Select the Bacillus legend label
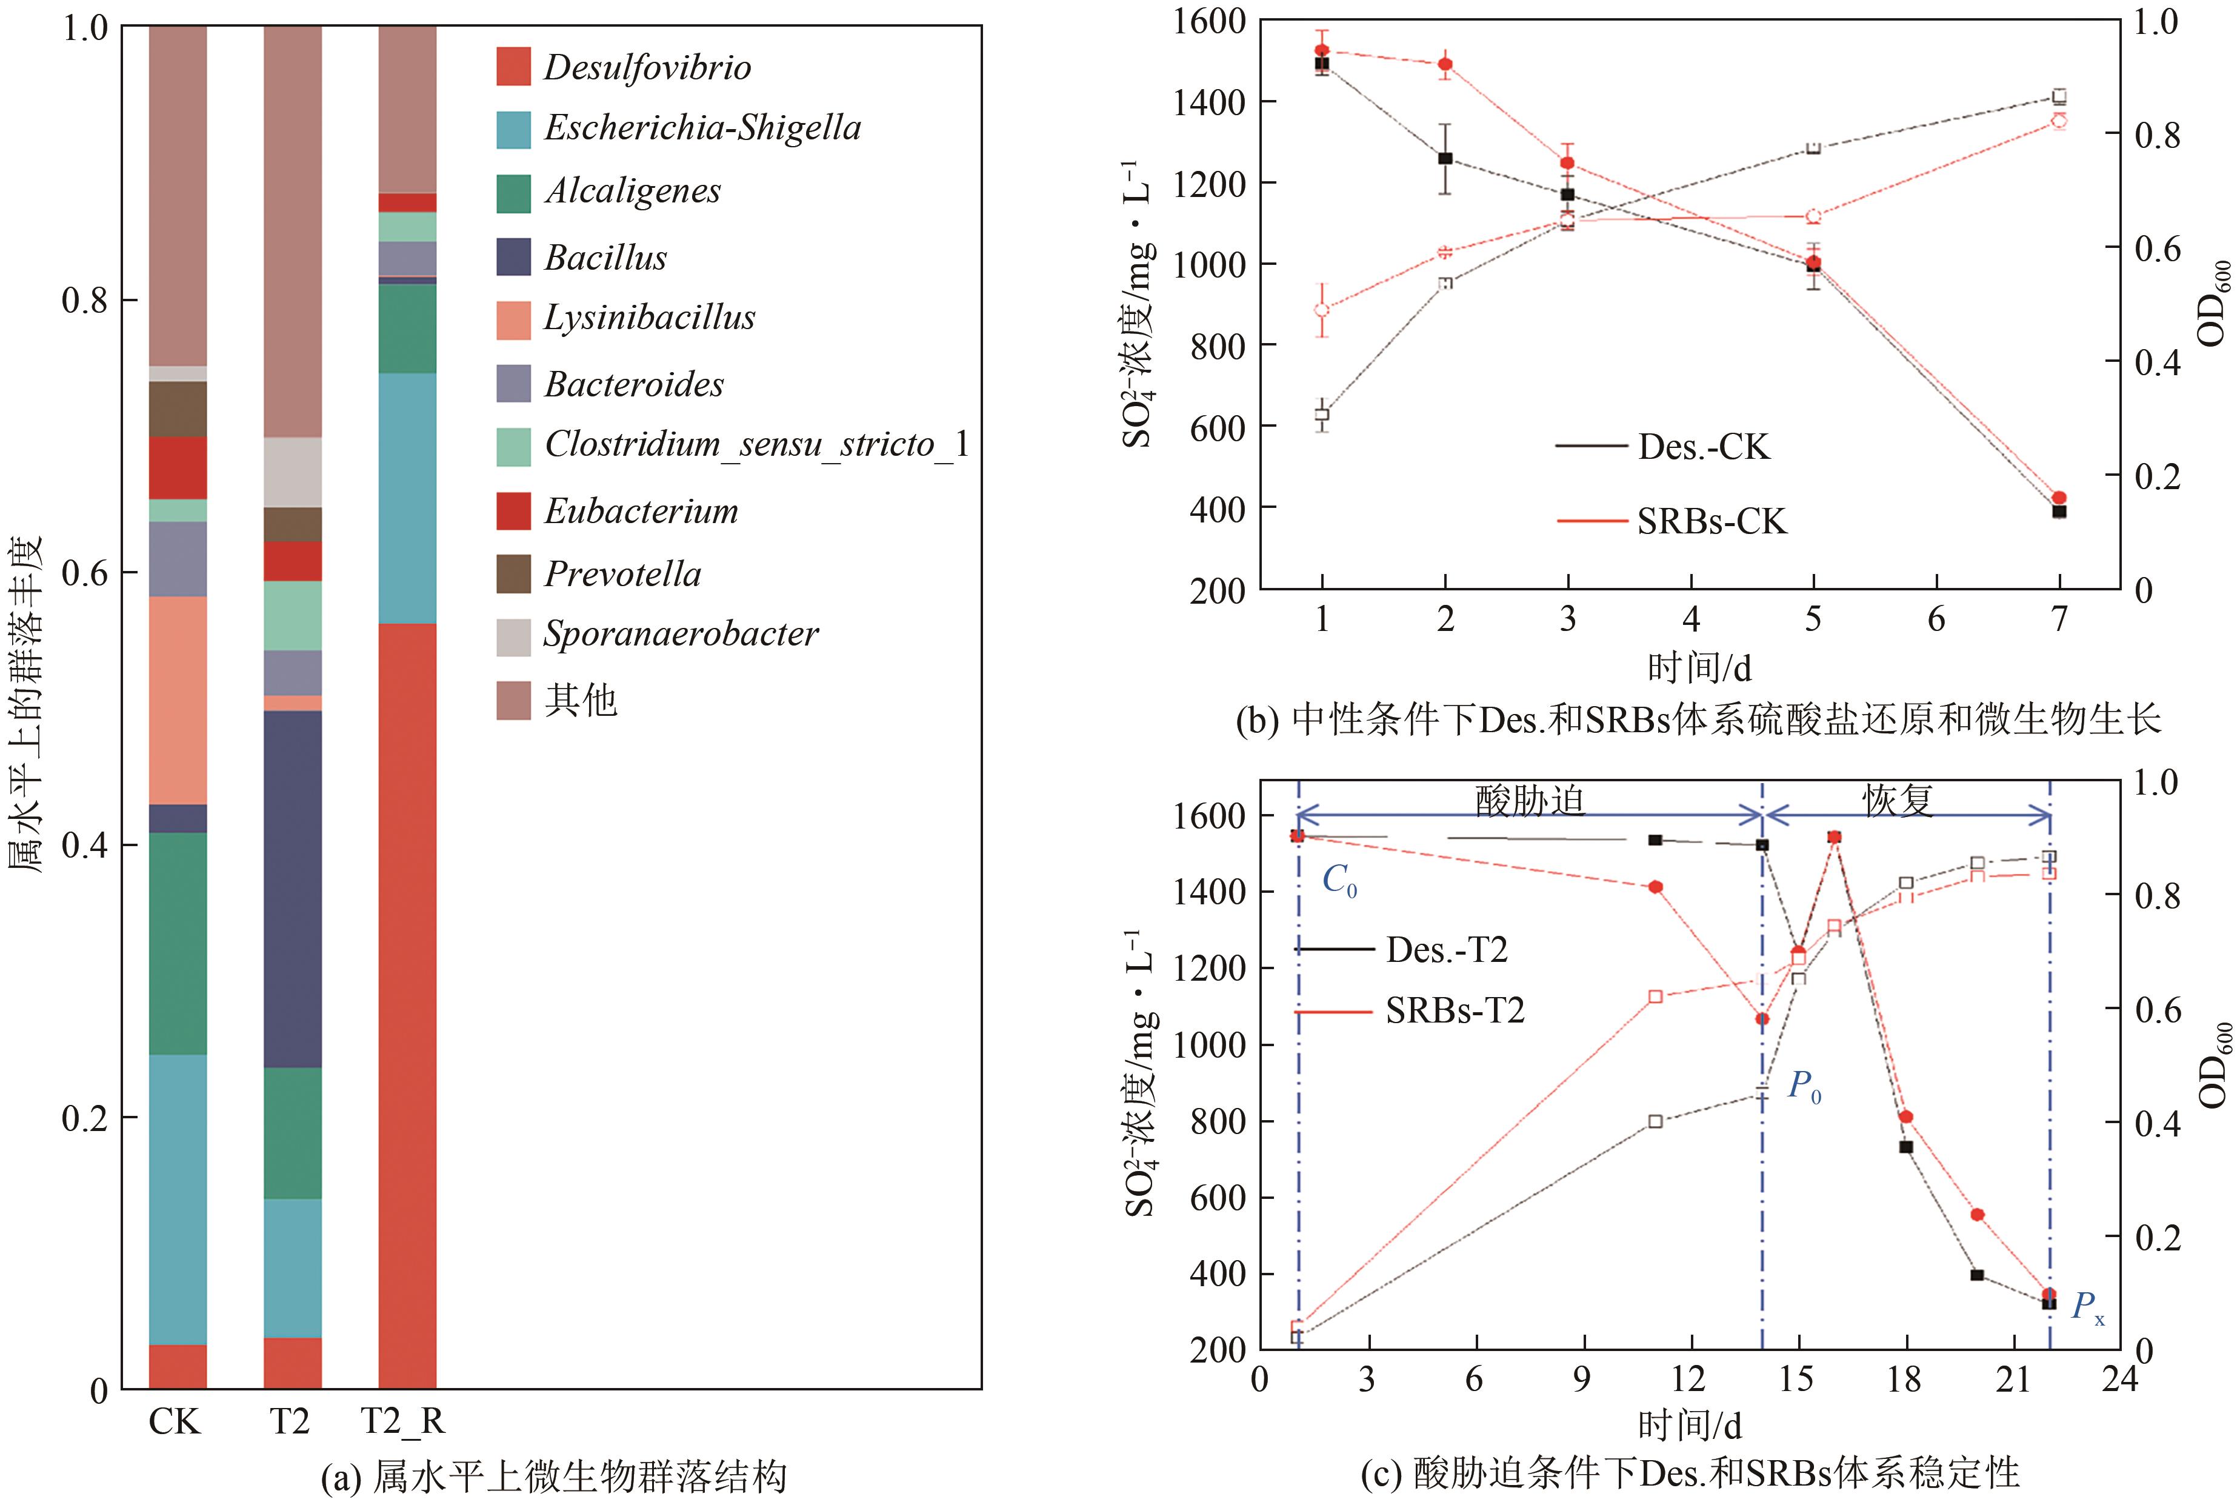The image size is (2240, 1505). [605, 257]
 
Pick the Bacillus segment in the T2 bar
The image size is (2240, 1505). [293, 889]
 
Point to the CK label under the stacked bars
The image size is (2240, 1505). [175, 1421]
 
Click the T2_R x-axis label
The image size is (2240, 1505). [403, 1421]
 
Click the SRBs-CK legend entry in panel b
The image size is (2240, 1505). [1711, 521]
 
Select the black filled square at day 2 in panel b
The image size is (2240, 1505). [1445, 158]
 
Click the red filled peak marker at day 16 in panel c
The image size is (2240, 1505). [1834, 837]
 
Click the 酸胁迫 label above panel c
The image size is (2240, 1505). [1529, 799]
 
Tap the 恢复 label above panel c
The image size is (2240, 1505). [1898, 799]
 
